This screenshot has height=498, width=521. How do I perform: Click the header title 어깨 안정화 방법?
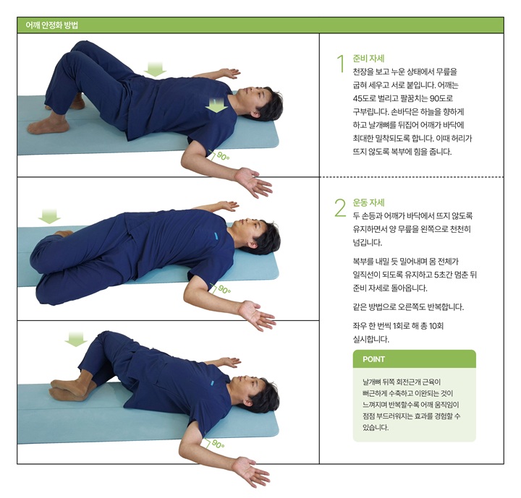pos(52,25)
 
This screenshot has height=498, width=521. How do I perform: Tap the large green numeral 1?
pos(340,64)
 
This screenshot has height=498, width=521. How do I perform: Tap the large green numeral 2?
pos(340,208)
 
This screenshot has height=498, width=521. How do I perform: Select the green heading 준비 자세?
pos(368,59)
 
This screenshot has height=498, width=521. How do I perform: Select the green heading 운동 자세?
pos(368,202)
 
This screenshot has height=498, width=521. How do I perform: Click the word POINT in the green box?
pos(374,359)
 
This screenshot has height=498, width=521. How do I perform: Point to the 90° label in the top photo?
pos(224,156)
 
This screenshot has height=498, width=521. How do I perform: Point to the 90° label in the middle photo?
pos(224,290)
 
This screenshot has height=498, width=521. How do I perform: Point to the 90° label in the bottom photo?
pos(219,444)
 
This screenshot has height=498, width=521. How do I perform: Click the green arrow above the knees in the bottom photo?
pos(76,339)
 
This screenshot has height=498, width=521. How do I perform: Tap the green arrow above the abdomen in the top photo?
pos(155,69)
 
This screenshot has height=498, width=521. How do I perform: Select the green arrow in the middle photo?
pos(49,216)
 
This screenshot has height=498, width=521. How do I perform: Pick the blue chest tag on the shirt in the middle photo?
pos(215,236)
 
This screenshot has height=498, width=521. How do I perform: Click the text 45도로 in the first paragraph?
pos(364,98)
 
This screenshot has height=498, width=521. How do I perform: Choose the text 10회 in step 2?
pos(436,326)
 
